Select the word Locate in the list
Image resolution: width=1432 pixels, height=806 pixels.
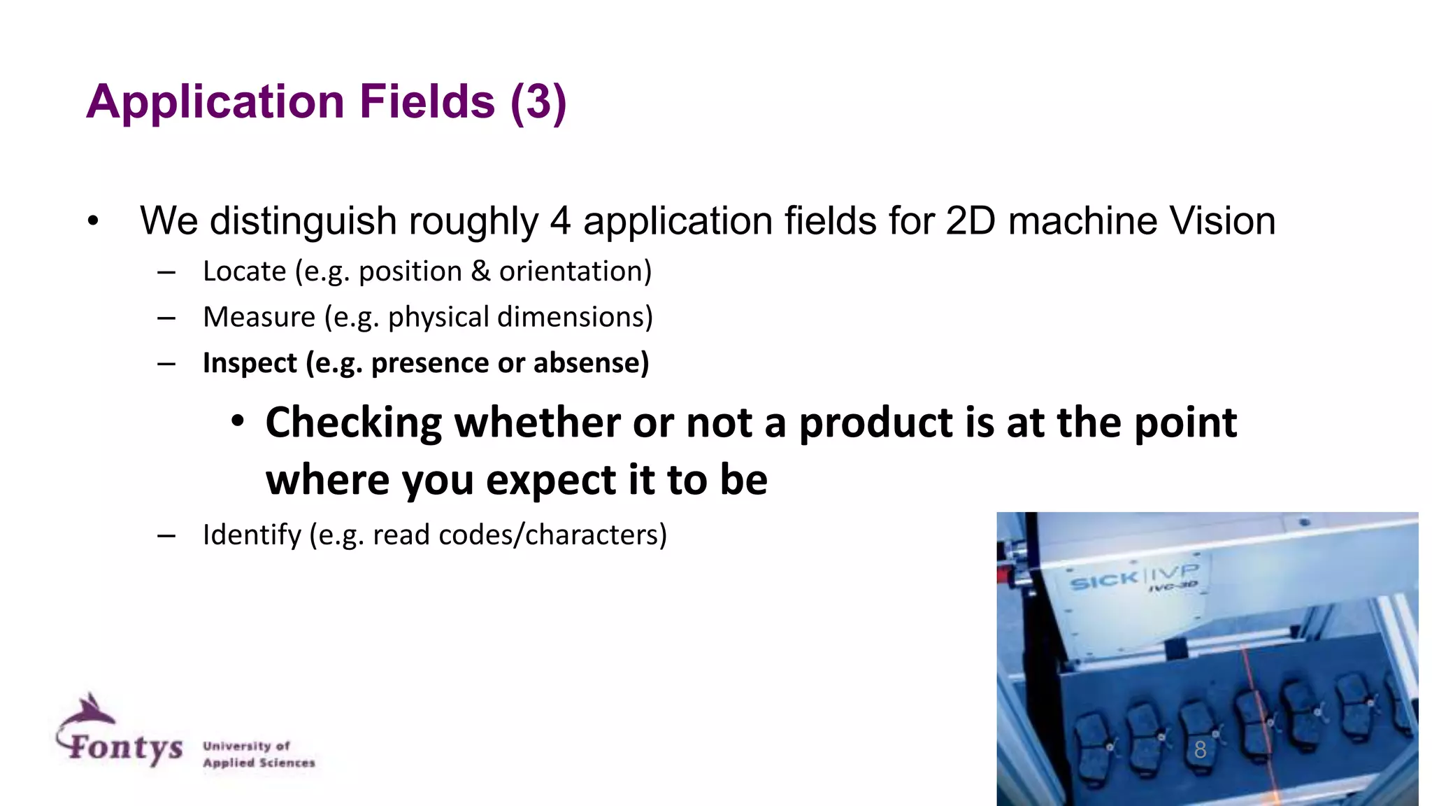pos(244,271)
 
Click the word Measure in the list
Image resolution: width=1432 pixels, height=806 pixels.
pos(259,318)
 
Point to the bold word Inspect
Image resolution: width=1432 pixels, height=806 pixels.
pos(250,363)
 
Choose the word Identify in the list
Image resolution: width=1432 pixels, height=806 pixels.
pos(252,535)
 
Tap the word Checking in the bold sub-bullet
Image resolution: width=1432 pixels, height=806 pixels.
pos(354,423)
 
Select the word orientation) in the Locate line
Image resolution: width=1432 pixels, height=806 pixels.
pos(575,271)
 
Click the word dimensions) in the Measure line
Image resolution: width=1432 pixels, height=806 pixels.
pos(575,318)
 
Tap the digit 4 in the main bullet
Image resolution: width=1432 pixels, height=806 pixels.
pos(560,221)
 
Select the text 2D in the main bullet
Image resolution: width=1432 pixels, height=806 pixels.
pos(970,221)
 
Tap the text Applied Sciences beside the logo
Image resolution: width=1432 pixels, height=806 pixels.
pos(259,763)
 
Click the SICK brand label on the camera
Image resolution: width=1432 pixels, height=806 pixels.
pos(1104,580)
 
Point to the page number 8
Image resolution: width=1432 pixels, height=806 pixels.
pos(1201,750)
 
